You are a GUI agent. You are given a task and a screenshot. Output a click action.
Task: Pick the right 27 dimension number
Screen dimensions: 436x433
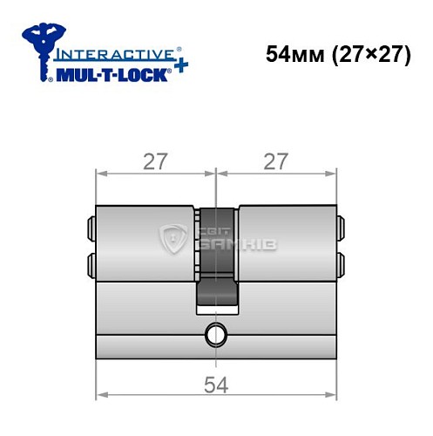click(275, 162)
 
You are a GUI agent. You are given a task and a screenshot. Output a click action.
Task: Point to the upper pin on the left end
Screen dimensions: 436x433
click(91, 228)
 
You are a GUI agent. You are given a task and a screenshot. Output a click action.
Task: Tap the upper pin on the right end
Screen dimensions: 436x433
click(339, 228)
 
